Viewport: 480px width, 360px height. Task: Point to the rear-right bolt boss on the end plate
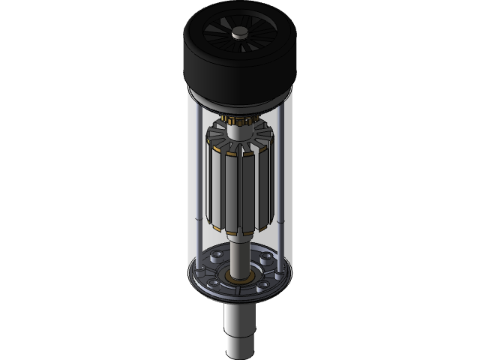[x=267, y=259]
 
